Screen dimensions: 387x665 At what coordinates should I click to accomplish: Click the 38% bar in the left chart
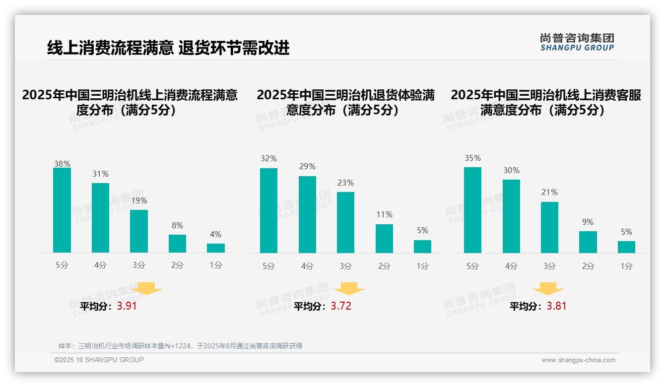pyautogui.click(x=62, y=210)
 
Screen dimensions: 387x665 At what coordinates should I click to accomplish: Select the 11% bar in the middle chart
pyautogui.click(x=384, y=239)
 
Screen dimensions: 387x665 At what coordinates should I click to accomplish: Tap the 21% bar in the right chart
pyautogui.click(x=549, y=227)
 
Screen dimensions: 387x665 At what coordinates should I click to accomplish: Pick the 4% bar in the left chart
pyautogui.click(x=216, y=248)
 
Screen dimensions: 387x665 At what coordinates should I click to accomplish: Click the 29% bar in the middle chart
pyautogui.click(x=307, y=214)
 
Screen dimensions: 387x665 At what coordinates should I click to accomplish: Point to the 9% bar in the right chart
pyautogui.click(x=588, y=242)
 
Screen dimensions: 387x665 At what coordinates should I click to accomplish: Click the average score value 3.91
pyautogui.click(x=127, y=306)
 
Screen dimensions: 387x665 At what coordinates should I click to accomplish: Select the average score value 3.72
pyautogui.click(x=341, y=306)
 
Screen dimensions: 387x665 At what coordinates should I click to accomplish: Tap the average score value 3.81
pyautogui.click(x=556, y=306)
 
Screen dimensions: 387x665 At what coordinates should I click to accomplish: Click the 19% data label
pyautogui.click(x=139, y=201)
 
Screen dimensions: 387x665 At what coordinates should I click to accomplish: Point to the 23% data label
pyautogui.click(x=346, y=183)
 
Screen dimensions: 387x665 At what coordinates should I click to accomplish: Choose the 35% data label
pyautogui.click(x=472, y=158)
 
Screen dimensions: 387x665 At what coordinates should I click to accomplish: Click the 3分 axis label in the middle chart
pyautogui.click(x=346, y=266)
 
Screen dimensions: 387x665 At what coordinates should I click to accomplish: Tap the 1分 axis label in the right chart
pyautogui.click(x=626, y=266)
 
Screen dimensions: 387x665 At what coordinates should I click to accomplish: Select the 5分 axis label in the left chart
pyautogui.click(x=62, y=265)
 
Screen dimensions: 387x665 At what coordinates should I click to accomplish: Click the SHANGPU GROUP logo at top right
pyautogui.click(x=577, y=42)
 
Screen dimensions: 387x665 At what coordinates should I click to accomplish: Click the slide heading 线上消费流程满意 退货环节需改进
pyautogui.click(x=168, y=48)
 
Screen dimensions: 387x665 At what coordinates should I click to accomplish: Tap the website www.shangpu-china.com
pyautogui.click(x=578, y=360)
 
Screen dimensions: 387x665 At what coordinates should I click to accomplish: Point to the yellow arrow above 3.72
pyautogui.click(x=349, y=289)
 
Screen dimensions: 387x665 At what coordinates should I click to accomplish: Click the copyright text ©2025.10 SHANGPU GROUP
pyautogui.click(x=99, y=360)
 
